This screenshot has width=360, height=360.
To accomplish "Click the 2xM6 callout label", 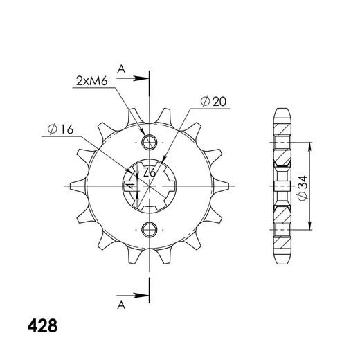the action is click(x=91, y=81).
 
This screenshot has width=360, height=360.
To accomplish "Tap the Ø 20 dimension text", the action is click(x=213, y=101).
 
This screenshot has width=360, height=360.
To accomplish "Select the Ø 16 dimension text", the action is click(x=60, y=129).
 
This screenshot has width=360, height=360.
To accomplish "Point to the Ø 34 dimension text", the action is click(x=303, y=188).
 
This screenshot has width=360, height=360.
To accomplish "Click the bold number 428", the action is click(x=42, y=325).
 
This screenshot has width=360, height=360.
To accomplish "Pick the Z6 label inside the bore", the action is click(x=150, y=172).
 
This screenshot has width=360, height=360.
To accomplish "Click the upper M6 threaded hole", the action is click(x=150, y=142).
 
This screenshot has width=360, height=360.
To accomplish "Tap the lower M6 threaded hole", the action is click(x=150, y=230).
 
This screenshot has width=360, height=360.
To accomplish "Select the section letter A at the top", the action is click(x=121, y=69).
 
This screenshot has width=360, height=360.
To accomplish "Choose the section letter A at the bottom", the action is click(x=121, y=305).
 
